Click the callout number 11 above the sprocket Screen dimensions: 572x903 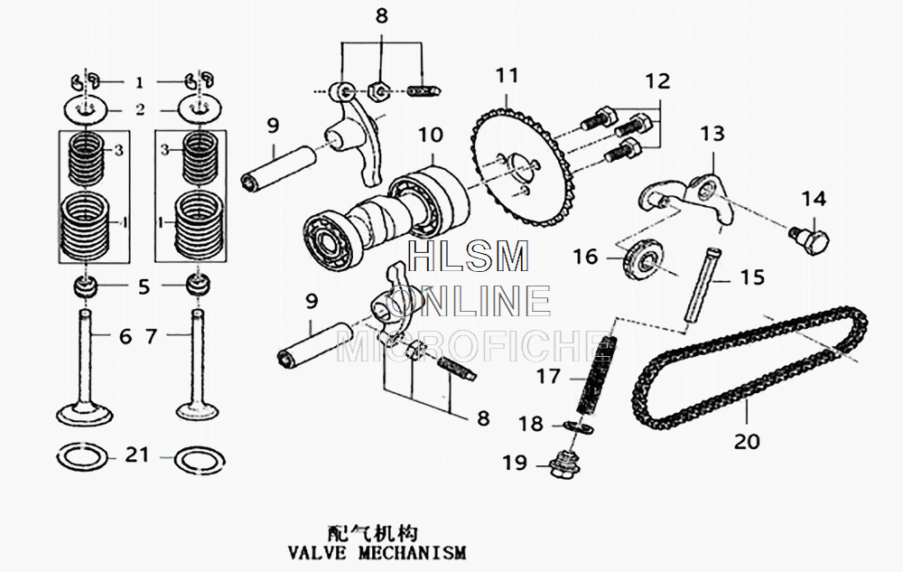(x=507, y=75)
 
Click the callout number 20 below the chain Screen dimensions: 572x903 (x=748, y=441)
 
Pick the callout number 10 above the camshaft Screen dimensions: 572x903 (x=431, y=136)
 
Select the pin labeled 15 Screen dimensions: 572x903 (x=701, y=280)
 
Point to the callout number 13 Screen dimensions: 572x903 (x=712, y=134)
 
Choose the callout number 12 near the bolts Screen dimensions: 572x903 (x=657, y=81)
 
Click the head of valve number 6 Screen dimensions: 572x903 (x=87, y=413)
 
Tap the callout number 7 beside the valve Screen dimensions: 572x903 (x=152, y=336)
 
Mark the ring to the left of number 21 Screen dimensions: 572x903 (x=86, y=456)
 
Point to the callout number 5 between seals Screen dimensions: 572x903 (x=144, y=287)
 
